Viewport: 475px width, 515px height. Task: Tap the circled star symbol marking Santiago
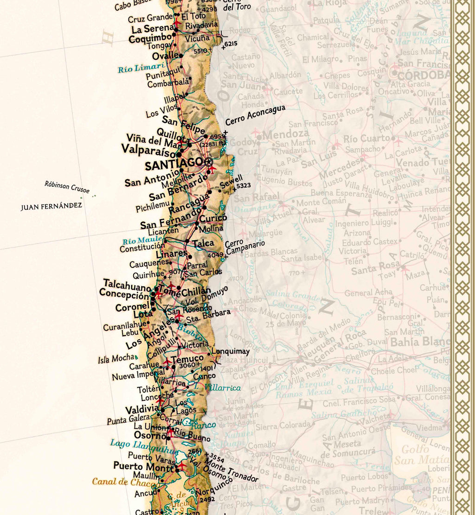click(208, 162)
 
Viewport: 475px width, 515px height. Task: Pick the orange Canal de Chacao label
click(118, 482)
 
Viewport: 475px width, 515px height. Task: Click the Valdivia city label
click(142, 409)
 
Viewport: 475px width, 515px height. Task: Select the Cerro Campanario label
click(244, 247)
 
